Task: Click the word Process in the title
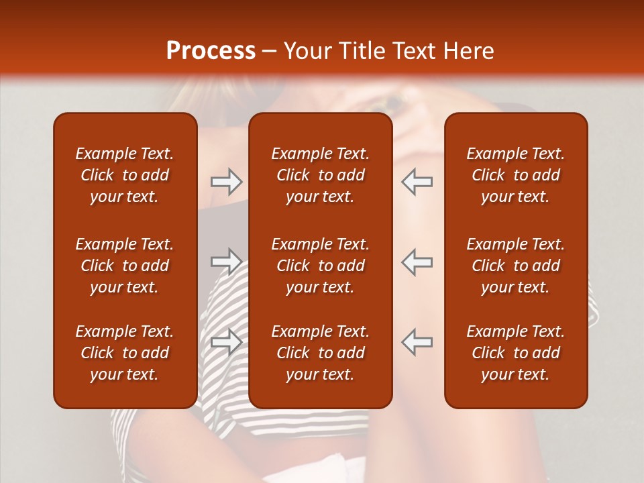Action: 211,51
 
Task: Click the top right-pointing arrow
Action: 226,182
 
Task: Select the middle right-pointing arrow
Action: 226,262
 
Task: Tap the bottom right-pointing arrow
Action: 226,341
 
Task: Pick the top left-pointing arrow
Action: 417,182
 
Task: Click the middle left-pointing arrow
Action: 417,262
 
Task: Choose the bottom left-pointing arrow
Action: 417,341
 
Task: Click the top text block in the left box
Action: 125,175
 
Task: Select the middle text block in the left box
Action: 125,266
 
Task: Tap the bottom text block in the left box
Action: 125,353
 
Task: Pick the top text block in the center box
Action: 320,175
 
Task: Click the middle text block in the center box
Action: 320,266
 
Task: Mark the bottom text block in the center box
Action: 320,353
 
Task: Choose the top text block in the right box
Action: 515,175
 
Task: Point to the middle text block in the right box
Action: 515,266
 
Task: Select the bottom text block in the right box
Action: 515,353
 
